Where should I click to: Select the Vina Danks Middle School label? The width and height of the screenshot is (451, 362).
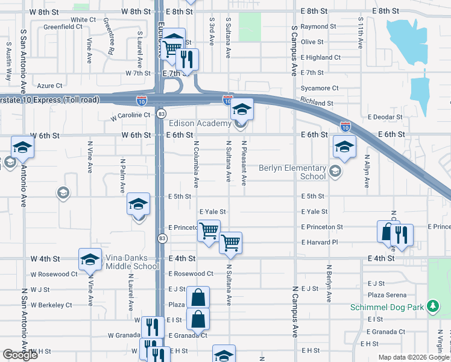[x=133, y=262]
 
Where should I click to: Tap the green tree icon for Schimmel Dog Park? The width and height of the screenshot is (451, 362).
[x=432, y=307]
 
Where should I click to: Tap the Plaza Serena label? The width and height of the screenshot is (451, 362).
[x=387, y=294]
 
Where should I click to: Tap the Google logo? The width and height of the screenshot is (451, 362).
[x=20, y=355]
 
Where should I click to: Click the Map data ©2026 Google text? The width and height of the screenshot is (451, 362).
[x=413, y=357]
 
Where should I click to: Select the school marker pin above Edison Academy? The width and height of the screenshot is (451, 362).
[x=241, y=109]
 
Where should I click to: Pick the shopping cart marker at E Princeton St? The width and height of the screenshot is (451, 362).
[x=209, y=230]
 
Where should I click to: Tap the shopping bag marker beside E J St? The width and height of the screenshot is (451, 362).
[x=198, y=297]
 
